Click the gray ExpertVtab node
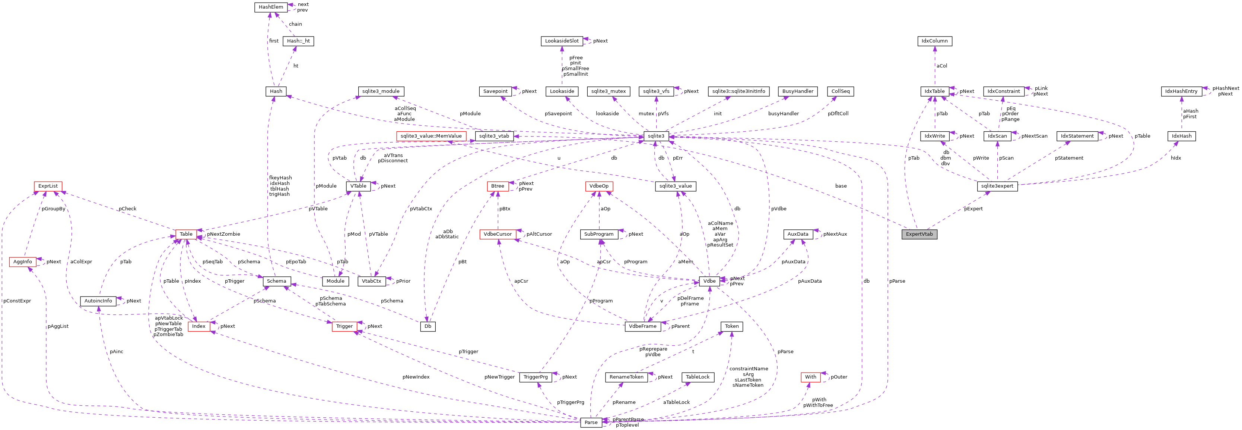point(919,234)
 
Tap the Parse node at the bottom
point(591,422)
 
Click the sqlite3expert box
point(997,186)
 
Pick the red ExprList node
point(48,186)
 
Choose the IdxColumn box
point(934,41)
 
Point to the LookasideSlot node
point(562,41)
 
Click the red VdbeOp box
point(599,186)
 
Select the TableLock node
point(697,377)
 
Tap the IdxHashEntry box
point(1181,91)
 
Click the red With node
point(810,377)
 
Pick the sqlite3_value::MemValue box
point(431,136)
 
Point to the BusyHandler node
point(797,91)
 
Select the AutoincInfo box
point(98,301)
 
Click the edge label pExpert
point(973,209)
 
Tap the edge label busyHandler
point(783,113)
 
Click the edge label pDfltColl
point(838,113)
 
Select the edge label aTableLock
point(676,402)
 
